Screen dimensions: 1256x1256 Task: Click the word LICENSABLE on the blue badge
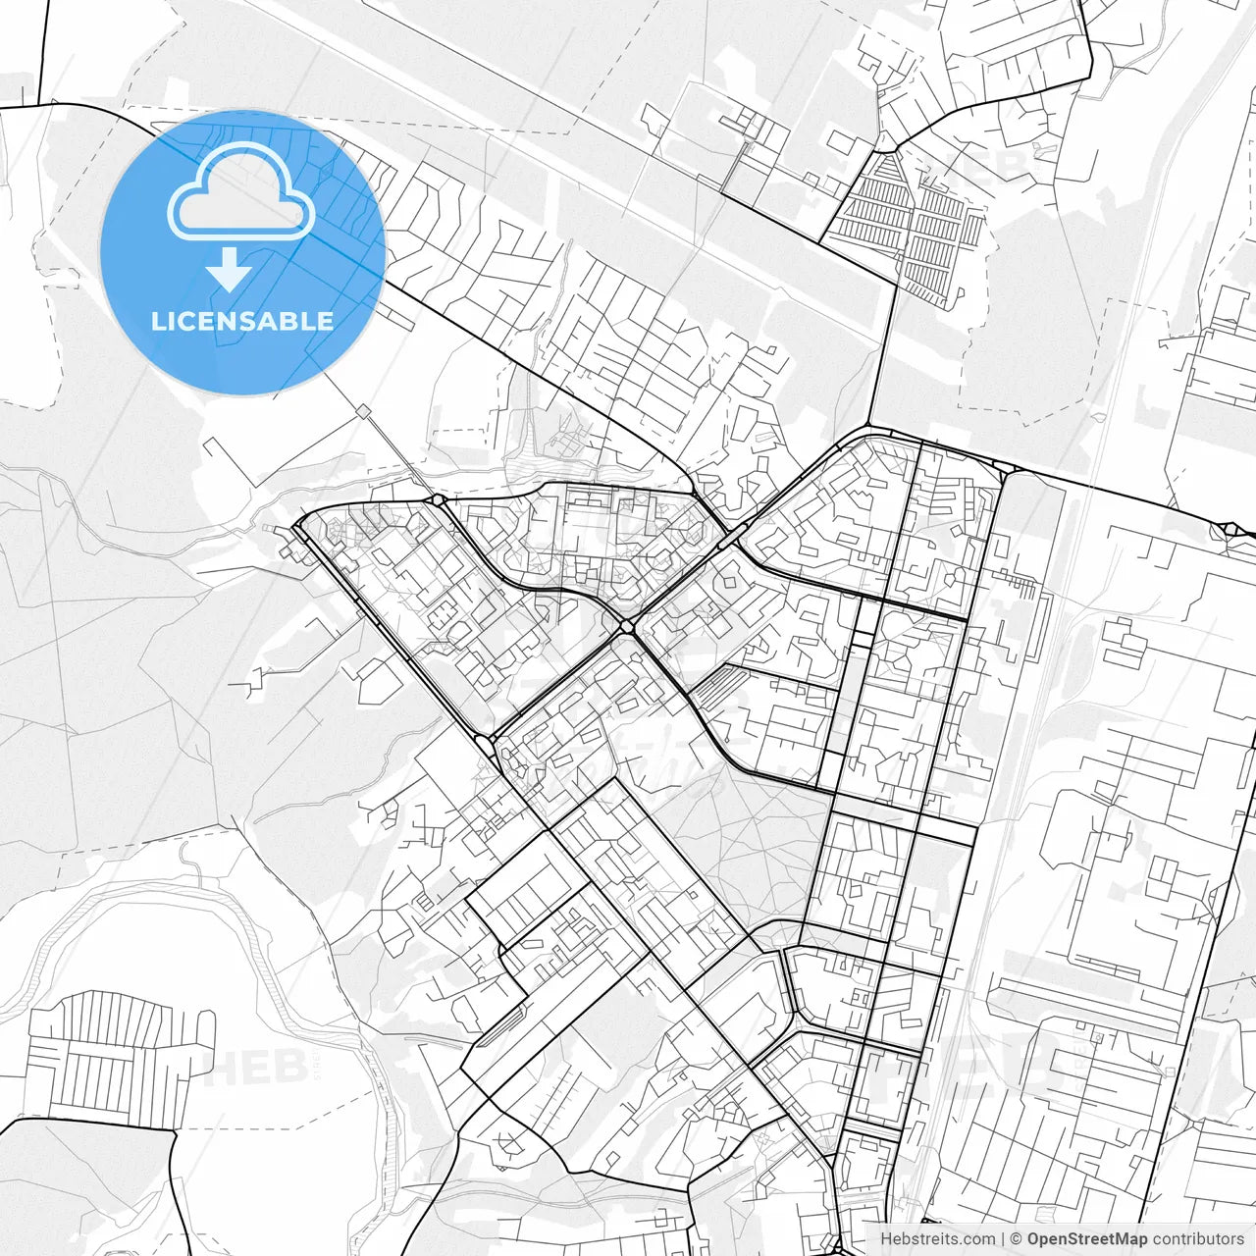coord(241,321)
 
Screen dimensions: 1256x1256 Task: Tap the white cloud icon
coord(241,192)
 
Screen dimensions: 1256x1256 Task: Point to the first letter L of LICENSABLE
coord(157,321)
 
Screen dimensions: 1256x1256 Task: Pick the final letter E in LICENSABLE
coord(325,321)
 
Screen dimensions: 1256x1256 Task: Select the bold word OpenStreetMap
coord(1086,1239)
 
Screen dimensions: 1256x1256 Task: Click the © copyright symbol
coord(1017,1239)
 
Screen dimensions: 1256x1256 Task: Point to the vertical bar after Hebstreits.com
coord(1003,1239)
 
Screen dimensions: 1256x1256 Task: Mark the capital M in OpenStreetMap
coord(1124,1239)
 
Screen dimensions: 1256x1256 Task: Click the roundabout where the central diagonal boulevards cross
coord(626,625)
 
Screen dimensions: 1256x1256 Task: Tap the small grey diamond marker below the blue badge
coord(362,409)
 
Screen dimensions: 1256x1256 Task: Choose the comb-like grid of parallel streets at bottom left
coord(118,1055)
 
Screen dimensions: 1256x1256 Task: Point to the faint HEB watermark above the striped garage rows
coord(991,167)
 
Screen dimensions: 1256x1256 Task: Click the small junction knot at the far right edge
coord(1230,530)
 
